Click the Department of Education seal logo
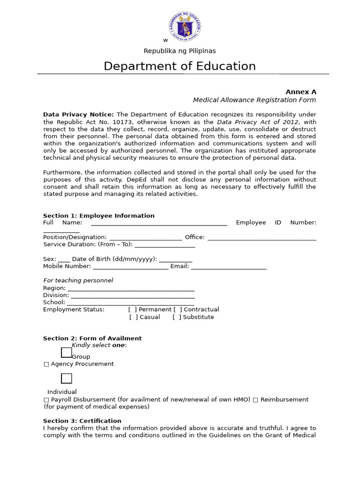pyautogui.click(x=185, y=26)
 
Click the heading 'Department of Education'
pyautogui.click(x=180, y=66)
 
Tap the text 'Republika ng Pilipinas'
pyautogui.click(x=180, y=51)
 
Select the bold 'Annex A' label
pyautogui.click(x=301, y=92)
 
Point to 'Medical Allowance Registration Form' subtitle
pyautogui.click(x=255, y=100)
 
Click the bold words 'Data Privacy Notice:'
pyautogui.click(x=78, y=114)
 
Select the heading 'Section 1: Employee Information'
pyautogui.click(x=98, y=216)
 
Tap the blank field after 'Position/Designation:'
pyautogui.click(x=146, y=238)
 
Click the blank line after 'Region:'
pyautogui.click(x=131, y=289)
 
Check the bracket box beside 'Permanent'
pyautogui.click(x=133, y=309)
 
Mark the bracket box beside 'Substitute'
pyautogui.click(x=177, y=317)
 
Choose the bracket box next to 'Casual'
pyautogui.click(x=134, y=317)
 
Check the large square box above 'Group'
pyautogui.click(x=67, y=352)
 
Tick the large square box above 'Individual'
pyautogui.click(x=67, y=378)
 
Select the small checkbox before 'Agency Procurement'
pyautogui.click(x=46, y=364)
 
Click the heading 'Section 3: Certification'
pyautogui.click(x=82, y=421)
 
